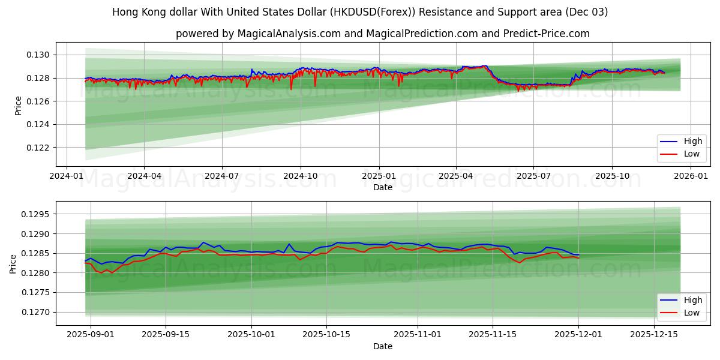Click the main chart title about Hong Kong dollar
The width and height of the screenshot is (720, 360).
click(x=359, y=12)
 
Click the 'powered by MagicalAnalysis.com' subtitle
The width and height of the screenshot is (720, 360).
click(x=383, y=34)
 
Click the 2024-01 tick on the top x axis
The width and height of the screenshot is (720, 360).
click(x=66, y=176)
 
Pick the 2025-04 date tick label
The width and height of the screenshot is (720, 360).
click(x=456, y=176)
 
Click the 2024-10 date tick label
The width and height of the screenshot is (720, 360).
click(x=300, y=176)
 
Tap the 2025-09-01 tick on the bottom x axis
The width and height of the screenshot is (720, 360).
click(x=91, y=335)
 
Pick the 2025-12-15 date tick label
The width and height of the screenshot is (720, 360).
click(x=652, y=335)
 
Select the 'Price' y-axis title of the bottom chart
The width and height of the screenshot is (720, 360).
click(x=13, y=263)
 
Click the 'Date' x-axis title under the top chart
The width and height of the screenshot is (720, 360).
click(x=383, y=188)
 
